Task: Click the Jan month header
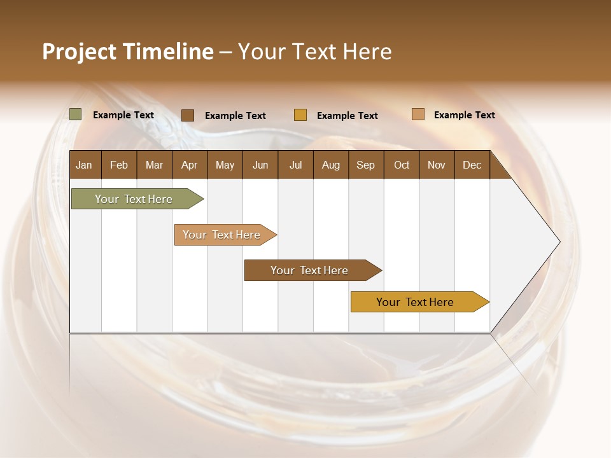pos(85,165)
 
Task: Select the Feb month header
pos(119,165)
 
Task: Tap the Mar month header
pos(154,165)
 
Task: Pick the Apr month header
pos(190,165)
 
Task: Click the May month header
pos(225,165)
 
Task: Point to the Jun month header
pos(260,165)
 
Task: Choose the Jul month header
pos(295,165)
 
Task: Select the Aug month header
pos(331,165)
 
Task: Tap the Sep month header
pos(366,165)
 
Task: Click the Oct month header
pos(402,165)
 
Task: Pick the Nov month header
pos(437,165)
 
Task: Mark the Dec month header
pos(472,165)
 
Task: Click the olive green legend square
pos(76,114)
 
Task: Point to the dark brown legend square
pos(188,115)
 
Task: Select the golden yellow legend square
pos(300,114)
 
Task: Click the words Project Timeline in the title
pos(128,52)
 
